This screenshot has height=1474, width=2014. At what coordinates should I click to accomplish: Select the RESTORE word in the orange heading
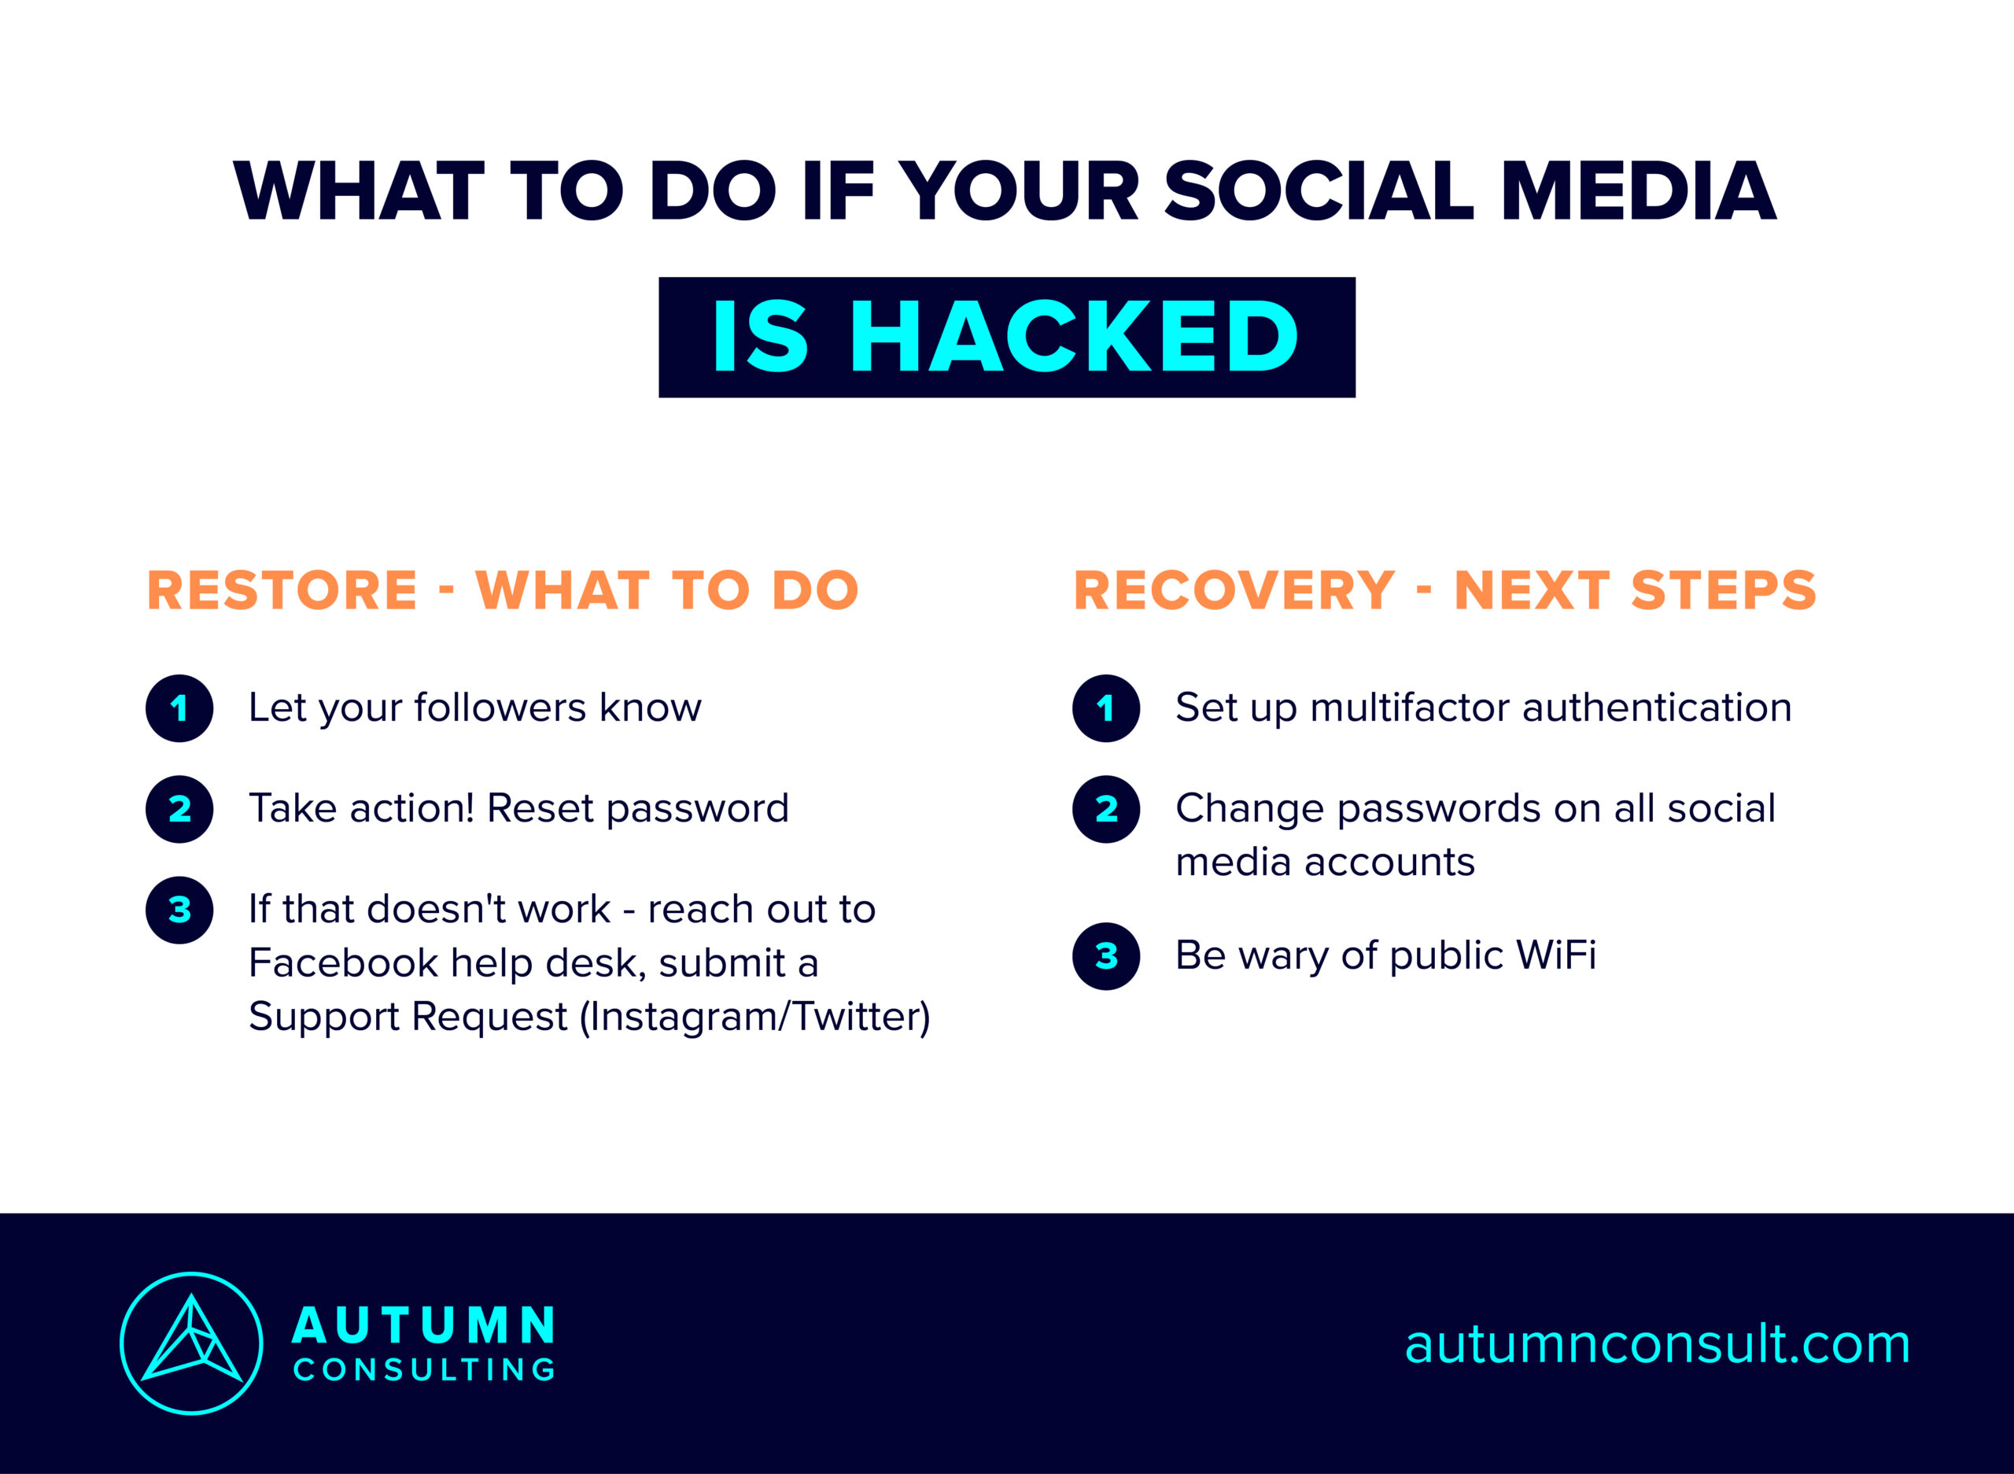tap(282, 591)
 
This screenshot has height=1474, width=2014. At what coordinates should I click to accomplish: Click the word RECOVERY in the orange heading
tap(1234, 591)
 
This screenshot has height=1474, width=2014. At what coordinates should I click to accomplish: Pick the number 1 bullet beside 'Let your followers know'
tap(179, 708)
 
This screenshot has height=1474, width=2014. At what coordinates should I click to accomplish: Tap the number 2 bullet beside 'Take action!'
tap(179, 809)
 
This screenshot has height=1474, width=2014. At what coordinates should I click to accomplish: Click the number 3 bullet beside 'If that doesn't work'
tap(179, 910)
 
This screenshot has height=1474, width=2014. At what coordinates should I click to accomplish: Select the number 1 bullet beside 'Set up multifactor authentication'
tap(1106, 708)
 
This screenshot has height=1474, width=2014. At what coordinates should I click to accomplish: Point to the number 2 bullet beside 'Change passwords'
tap(1106, 809)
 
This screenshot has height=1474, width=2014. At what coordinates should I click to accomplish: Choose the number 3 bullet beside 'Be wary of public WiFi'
tap(1106, 956)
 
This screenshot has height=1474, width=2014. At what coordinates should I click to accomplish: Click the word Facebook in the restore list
tap(343, 962)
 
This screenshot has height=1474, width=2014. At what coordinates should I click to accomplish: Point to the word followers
tap(500, 707)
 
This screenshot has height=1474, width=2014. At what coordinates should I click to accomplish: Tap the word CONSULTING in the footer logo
tap(425, 1370)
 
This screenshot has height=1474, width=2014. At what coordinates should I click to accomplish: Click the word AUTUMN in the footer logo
tap(425, 1326)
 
